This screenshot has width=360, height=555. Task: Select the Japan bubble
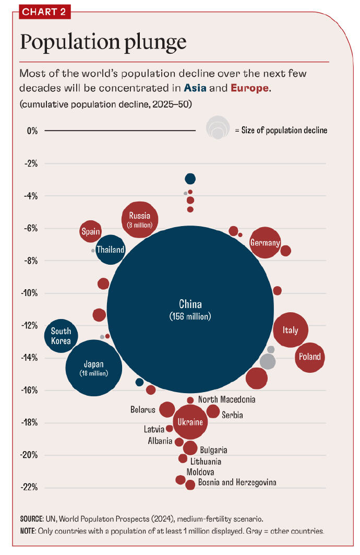(x=94, y=368)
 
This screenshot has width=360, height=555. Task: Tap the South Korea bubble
(x=61, y=336)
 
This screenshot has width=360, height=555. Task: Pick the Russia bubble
(x=140, y=219)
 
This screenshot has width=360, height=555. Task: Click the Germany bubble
(x=265, y=243)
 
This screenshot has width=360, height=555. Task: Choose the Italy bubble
(x=291, y=330)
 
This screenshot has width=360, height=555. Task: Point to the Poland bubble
(x=310, y=358)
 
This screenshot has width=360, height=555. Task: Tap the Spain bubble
(x=91, y=231)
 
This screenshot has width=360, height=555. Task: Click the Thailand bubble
(x=111, y=250)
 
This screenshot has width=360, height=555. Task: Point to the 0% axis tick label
(x=32, y=131)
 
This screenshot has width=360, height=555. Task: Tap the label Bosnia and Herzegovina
(x=237, y=482)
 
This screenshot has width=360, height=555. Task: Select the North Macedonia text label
(x=226, y=399)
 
